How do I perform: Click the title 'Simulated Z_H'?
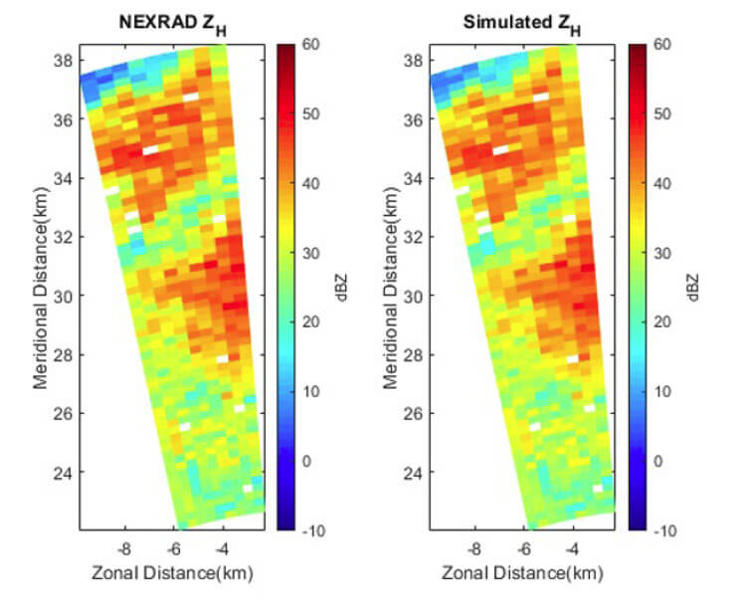521,22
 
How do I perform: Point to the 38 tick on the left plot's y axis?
63,61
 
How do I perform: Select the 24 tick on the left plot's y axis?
63,472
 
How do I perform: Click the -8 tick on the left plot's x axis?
124,548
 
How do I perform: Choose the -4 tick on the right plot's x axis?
573,548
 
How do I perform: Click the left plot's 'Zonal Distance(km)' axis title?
171,573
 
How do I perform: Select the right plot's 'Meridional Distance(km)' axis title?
389,288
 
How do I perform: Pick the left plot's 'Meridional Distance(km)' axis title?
40,288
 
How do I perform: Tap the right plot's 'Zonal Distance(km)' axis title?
521,573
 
